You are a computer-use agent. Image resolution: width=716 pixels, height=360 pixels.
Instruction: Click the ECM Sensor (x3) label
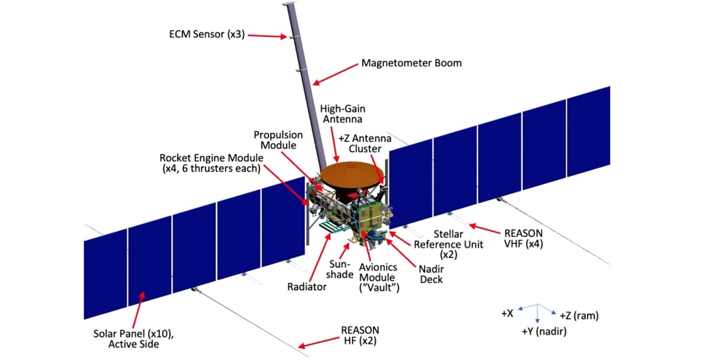(207, 34)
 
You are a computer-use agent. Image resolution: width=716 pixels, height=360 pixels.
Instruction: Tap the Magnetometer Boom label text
(411, 63)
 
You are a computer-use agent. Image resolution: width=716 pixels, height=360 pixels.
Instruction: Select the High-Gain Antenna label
(342, 114)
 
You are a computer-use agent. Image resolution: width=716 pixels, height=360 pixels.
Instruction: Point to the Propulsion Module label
(278, 140)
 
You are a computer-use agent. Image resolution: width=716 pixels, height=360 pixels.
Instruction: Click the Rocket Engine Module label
(211, 163)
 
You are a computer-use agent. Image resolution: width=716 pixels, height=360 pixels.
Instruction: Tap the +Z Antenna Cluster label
(364, 144)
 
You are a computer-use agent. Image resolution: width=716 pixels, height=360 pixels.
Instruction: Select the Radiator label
(306, 287)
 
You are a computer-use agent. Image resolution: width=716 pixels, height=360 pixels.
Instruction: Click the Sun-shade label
(340, 269)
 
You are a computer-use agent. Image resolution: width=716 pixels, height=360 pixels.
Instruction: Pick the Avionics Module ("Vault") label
(379, 277)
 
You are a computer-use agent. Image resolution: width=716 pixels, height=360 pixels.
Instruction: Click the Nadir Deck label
(431, 274)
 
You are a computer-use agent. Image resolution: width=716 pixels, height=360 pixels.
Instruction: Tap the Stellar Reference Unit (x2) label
(448, 244)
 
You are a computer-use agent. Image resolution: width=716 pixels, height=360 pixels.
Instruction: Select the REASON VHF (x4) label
(523, 238)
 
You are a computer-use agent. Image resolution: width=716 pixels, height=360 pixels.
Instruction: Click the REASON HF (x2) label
(360, 335)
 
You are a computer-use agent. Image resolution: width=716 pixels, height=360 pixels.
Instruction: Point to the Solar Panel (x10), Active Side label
(134, 339)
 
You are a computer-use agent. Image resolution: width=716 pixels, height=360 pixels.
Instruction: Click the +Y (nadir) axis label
(544, 331)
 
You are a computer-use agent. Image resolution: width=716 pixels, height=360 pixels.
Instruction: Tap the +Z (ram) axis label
(579, 315)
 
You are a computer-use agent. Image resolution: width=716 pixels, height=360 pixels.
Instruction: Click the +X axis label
(507, 313)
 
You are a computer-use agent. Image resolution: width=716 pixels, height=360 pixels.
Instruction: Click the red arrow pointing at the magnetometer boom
(335, 74)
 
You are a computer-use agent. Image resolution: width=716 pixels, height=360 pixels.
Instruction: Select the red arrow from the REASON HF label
(318, 342)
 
